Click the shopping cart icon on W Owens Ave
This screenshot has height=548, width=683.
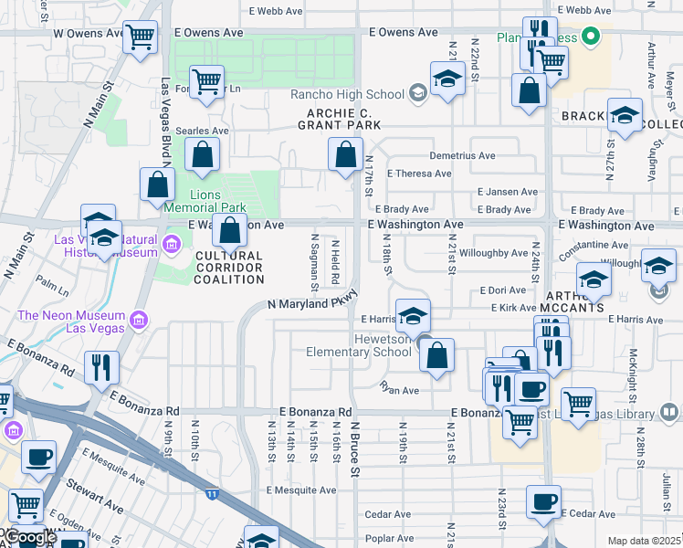pos(140,38)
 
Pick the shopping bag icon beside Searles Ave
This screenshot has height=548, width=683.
pos(202,154)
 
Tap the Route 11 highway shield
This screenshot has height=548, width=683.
pos(212,494)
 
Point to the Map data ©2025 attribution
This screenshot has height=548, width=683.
pos(643,541)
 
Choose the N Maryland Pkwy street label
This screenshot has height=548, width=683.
pos(310,302)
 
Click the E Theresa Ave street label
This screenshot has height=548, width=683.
pos(419,174)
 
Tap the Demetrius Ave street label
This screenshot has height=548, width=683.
pos(461,156)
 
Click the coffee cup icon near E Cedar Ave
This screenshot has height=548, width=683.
pos(544,501)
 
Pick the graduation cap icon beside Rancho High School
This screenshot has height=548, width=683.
pos(448,79)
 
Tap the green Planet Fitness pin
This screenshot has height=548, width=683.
pos(591,37)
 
